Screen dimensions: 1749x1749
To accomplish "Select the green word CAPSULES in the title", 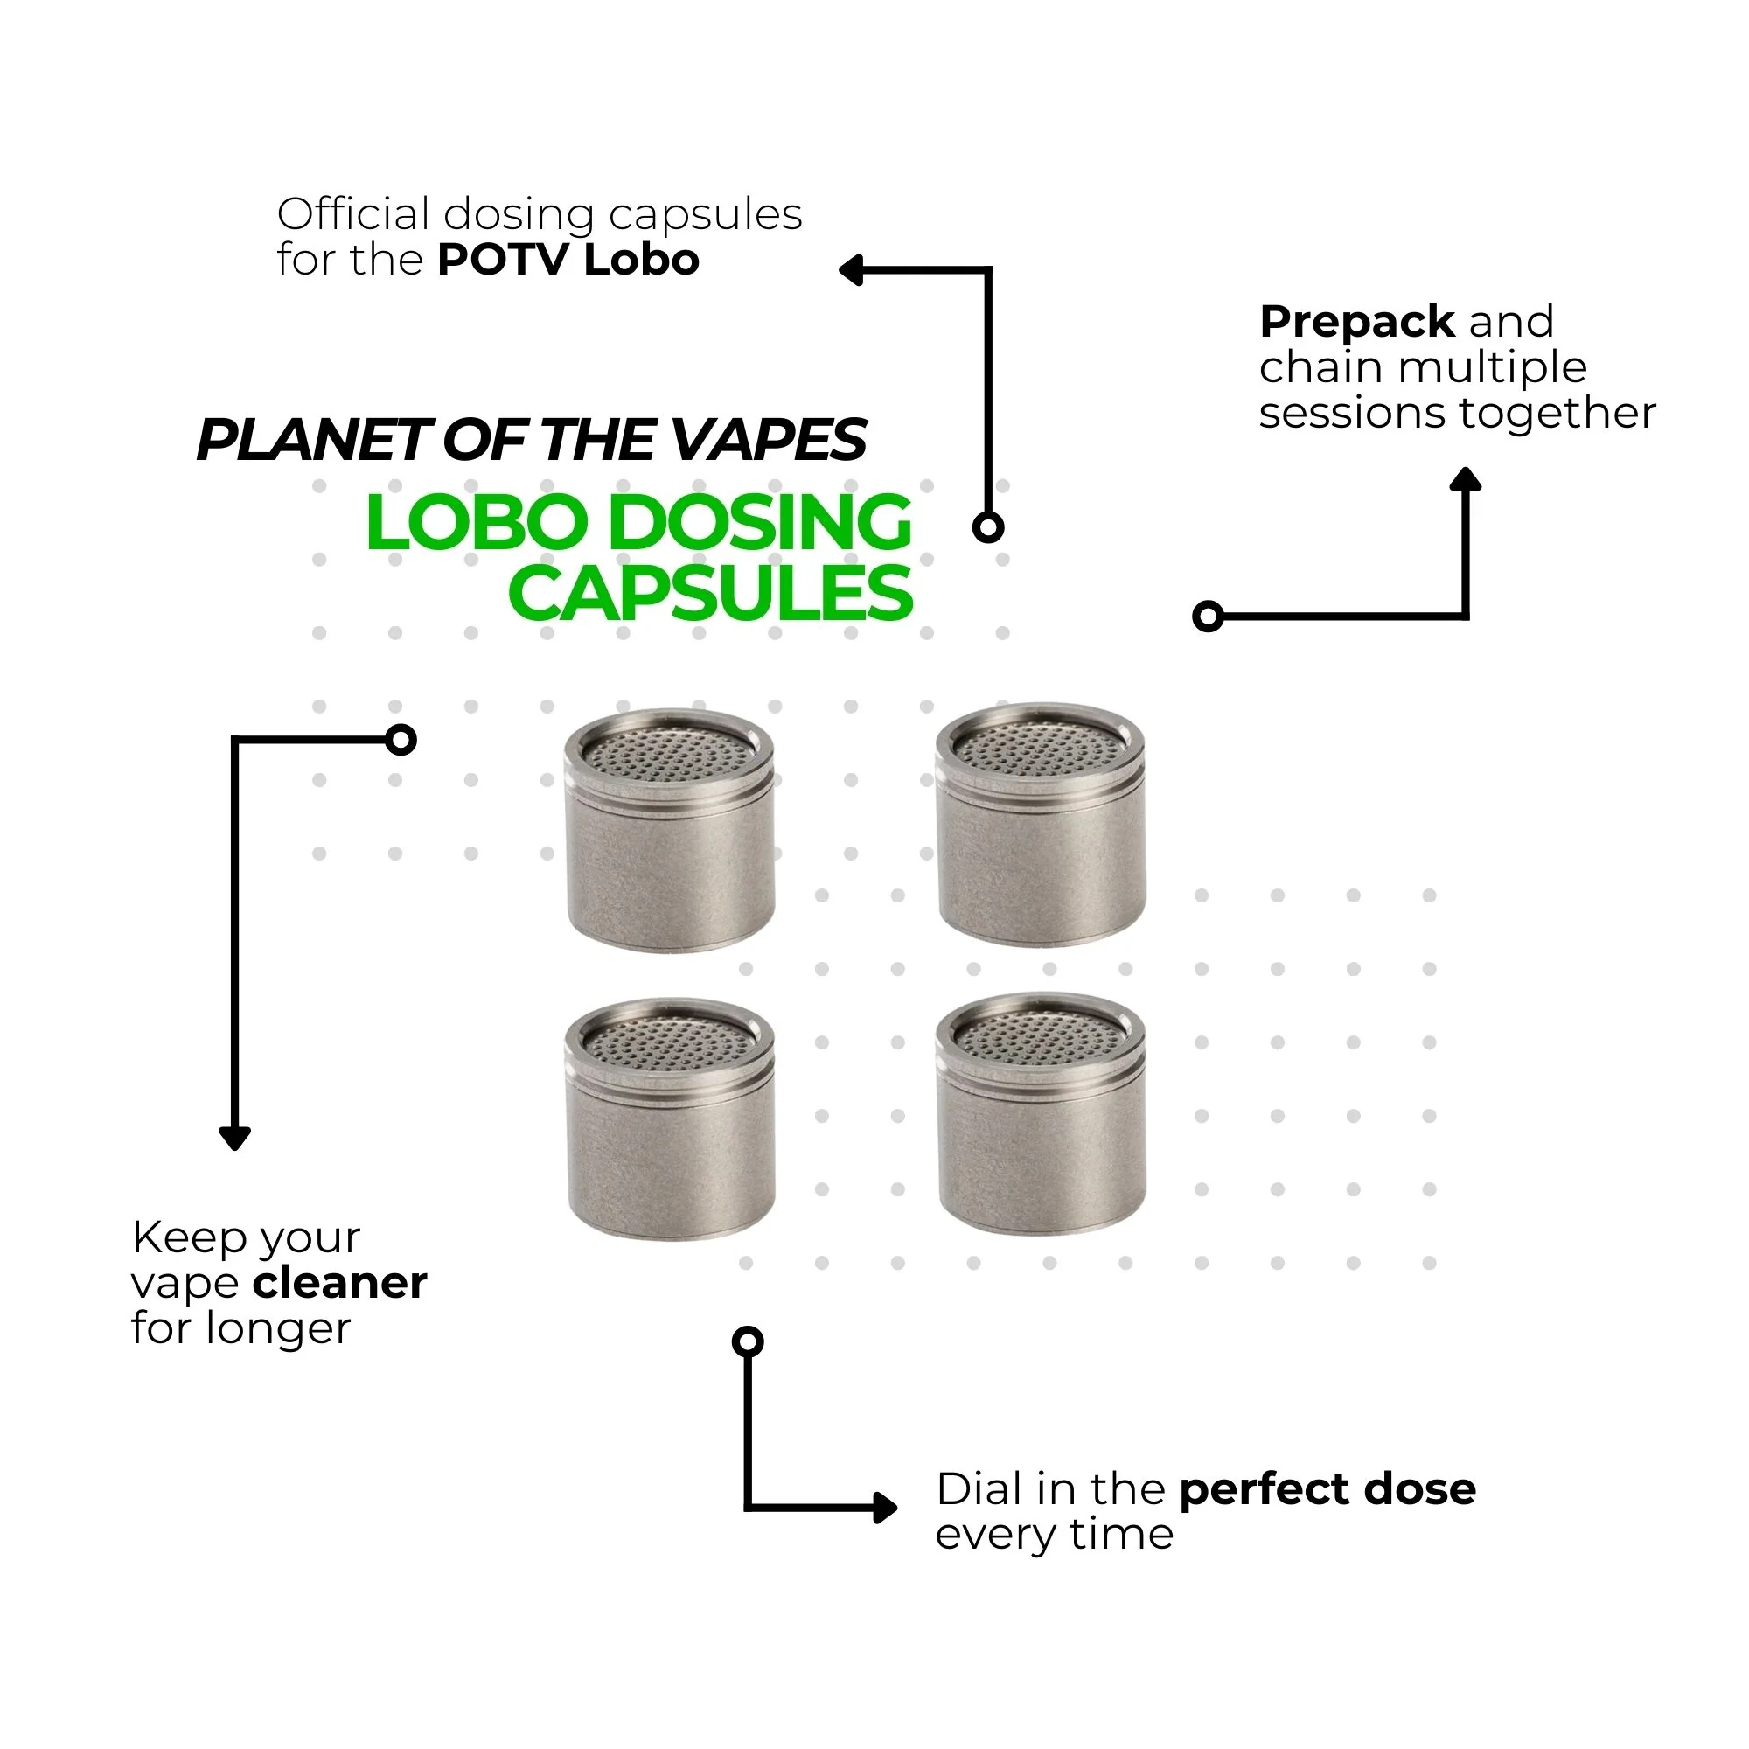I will point(710,595).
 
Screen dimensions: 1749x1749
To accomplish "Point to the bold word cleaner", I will point(339,1284).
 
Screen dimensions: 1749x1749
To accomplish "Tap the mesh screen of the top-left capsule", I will point(669,753).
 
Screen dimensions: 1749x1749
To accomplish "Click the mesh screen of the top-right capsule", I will point(1040,748).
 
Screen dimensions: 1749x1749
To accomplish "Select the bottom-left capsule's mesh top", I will point(669,1043).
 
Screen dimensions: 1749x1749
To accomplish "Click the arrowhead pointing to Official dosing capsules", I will point(850,269).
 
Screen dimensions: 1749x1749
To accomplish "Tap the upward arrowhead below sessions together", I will point(1465,480).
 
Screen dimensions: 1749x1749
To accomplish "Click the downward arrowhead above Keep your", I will point(234,1138).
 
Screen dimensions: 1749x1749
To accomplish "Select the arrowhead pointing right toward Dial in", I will point(884,1509).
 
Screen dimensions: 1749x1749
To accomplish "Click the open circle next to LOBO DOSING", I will point(987,526).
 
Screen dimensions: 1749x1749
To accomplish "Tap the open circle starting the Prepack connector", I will point(1208,617).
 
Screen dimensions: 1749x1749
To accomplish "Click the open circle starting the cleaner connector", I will point(401,740).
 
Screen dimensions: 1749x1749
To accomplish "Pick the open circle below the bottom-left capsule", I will point(748,1341).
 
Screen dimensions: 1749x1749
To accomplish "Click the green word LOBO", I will point(477,523).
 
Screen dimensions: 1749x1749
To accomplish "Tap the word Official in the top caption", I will point(353,215).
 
